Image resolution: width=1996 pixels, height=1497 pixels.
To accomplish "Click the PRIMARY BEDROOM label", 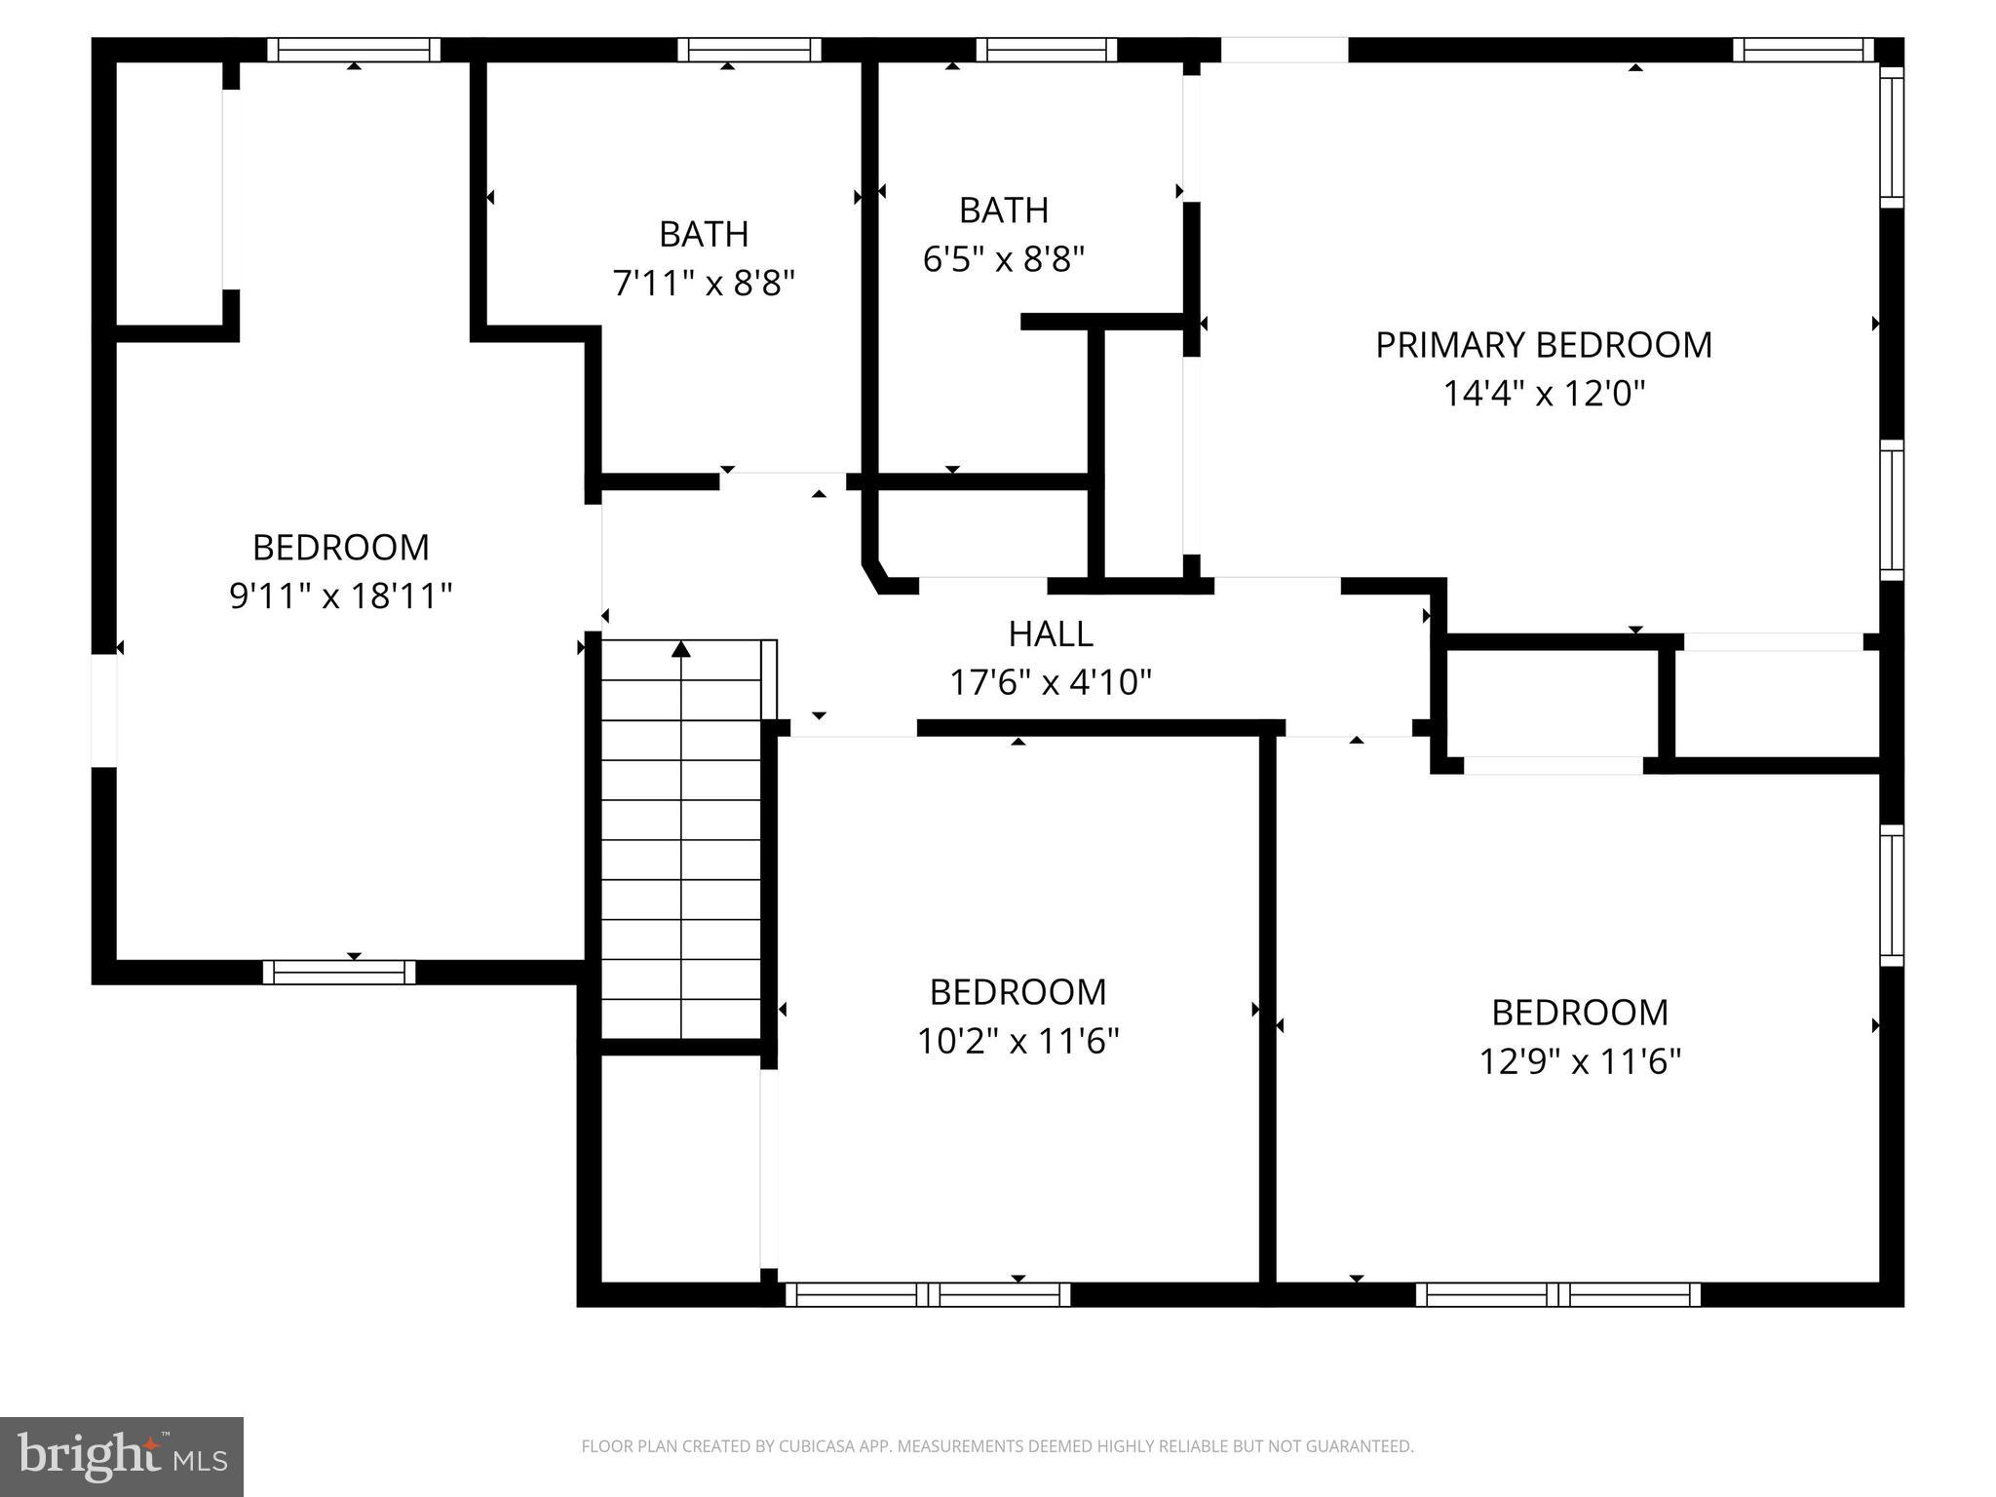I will [1543, 345].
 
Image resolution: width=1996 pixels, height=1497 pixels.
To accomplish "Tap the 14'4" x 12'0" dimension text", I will [1543, 394].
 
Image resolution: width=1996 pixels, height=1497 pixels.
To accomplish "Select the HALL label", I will [1050, 633].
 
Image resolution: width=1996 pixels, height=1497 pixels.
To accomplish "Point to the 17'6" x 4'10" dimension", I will [1050, 682].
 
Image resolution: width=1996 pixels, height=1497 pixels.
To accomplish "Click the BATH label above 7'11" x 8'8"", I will [704, 234].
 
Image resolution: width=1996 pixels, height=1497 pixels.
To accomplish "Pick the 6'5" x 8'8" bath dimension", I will [1003, 259].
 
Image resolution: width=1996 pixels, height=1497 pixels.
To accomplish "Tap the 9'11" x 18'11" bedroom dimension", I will [340, 595].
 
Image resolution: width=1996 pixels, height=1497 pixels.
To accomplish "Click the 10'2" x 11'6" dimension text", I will [1017, 1042].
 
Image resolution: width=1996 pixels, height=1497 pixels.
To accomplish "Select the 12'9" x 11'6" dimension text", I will [1580, 1061].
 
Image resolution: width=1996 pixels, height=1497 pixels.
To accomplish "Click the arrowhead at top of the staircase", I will [681, 648].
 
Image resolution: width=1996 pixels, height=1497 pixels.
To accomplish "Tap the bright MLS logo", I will [122, 1457].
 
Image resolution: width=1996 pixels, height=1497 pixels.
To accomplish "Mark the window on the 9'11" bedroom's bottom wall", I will [339, 972].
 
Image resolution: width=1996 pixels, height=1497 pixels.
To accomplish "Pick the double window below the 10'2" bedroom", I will [928, 1294].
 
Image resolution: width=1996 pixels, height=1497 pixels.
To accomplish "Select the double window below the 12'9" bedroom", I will [1557, 1294].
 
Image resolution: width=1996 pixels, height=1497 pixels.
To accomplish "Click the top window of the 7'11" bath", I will [749, 50].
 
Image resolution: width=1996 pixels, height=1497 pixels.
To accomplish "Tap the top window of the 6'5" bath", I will [1046, 50].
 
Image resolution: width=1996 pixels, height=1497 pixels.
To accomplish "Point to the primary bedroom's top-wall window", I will [1803, 50].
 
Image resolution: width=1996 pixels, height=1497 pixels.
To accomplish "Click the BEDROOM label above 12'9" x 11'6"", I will [1580, 1013].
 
